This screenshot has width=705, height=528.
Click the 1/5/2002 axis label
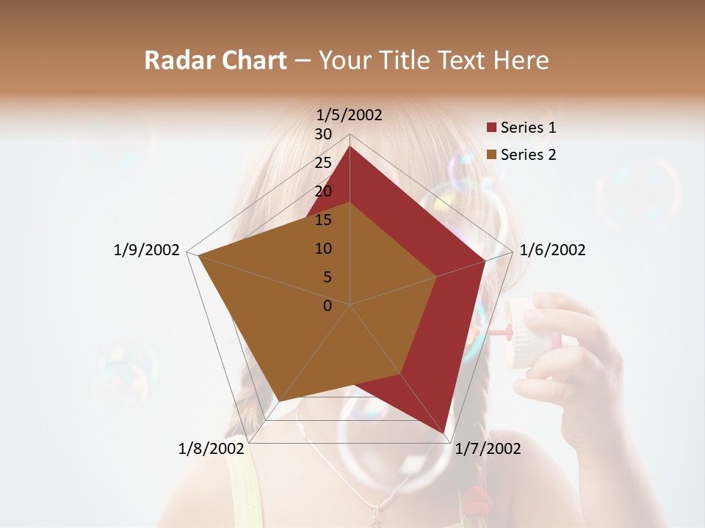point(349,114)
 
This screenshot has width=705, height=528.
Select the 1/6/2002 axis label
point(552,250)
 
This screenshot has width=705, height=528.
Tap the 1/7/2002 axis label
point(488,449)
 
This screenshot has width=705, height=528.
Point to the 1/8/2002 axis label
point(211,449)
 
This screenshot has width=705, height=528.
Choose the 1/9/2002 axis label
point(146,250)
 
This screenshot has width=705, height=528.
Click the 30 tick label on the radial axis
point(323,134)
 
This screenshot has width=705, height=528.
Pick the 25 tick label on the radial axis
point(323,163)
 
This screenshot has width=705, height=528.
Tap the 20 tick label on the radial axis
point(323,191)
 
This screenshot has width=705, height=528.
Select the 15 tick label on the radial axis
point(323,220)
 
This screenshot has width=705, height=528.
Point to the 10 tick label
point(323,249)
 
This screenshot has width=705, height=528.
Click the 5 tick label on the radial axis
point(328,277)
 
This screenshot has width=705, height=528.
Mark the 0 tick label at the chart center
point(328,306)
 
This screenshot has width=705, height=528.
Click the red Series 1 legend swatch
point(491,128)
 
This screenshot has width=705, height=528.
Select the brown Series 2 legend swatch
point(491,155)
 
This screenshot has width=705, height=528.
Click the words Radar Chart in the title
point(216,60)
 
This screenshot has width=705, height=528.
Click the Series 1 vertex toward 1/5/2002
point(350,147)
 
